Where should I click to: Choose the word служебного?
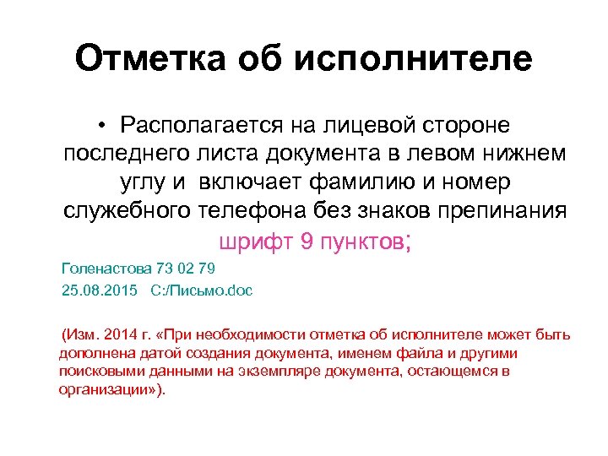tap(128, 212)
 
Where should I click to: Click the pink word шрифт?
tap(256, 242)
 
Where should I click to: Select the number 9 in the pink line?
tap(307, 242)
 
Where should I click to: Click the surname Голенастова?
tap(108, 269)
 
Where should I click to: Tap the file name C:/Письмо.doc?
tap(201, 290)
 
